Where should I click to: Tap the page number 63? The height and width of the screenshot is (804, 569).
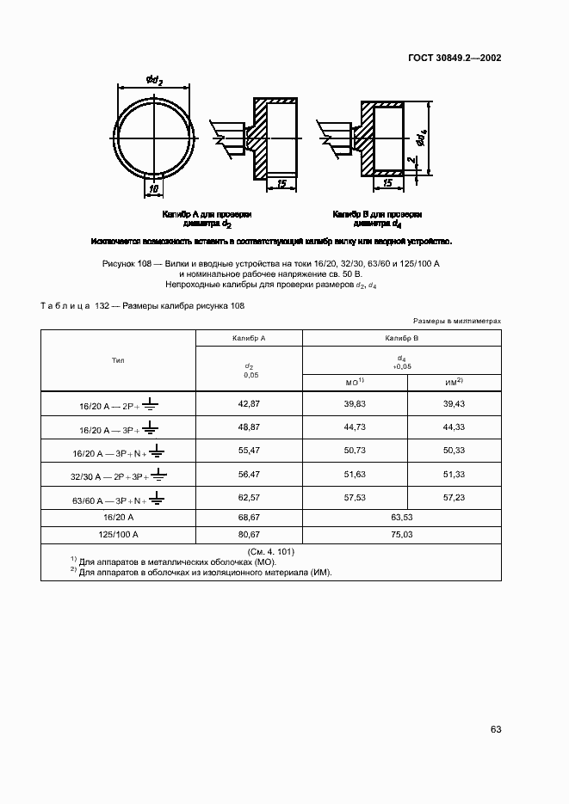[x=495, y=729]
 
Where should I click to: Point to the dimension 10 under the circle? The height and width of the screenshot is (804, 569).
[x=154, y=188]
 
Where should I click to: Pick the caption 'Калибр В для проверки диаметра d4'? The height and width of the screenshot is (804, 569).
[x=377, y=218]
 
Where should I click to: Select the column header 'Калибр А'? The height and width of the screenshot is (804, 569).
[x=249, y=339]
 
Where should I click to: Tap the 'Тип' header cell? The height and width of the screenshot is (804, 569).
[x=118, y=360]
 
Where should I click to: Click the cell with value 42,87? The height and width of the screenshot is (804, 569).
[x=249, y=403]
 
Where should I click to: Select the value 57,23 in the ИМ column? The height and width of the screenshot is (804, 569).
[x=453, y=496]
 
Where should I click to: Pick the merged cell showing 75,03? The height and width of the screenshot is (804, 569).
[x=402, y=534]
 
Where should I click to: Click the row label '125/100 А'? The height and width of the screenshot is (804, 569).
[x=118, y=534]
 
